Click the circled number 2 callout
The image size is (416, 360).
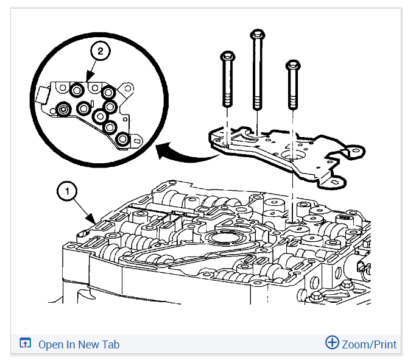tap(100, 52)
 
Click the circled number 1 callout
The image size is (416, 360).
tap(66, 191)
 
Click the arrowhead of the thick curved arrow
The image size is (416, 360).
tap(161, 150)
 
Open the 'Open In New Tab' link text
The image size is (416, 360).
tap(79, 344)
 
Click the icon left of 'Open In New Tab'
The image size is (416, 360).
tap(25, 344)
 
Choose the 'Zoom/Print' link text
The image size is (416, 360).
tap(369, 344)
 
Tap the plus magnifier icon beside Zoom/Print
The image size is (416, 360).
tap(332, 342)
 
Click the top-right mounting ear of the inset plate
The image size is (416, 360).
tap(127, 90)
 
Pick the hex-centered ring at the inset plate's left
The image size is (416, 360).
tap(63, 110)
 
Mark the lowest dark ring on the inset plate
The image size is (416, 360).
tap(122, 139)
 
